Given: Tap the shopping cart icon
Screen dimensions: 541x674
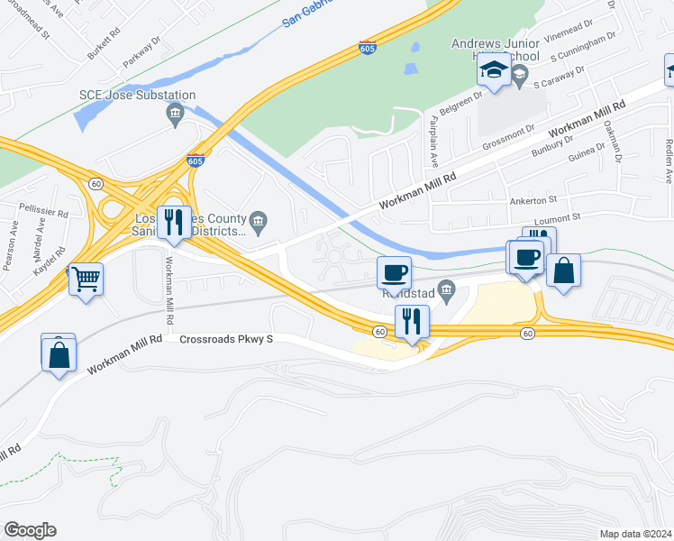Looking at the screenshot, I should click(x=87, y=279).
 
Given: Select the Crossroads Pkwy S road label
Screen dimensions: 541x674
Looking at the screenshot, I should click(x=226, y=340).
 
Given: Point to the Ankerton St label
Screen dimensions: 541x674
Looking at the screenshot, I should click(x=534, y=199).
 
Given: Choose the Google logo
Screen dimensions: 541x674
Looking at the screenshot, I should click(x=30, y=530).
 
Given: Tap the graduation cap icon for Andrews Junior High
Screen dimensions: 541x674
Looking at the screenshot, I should click(x=494, y=70).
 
